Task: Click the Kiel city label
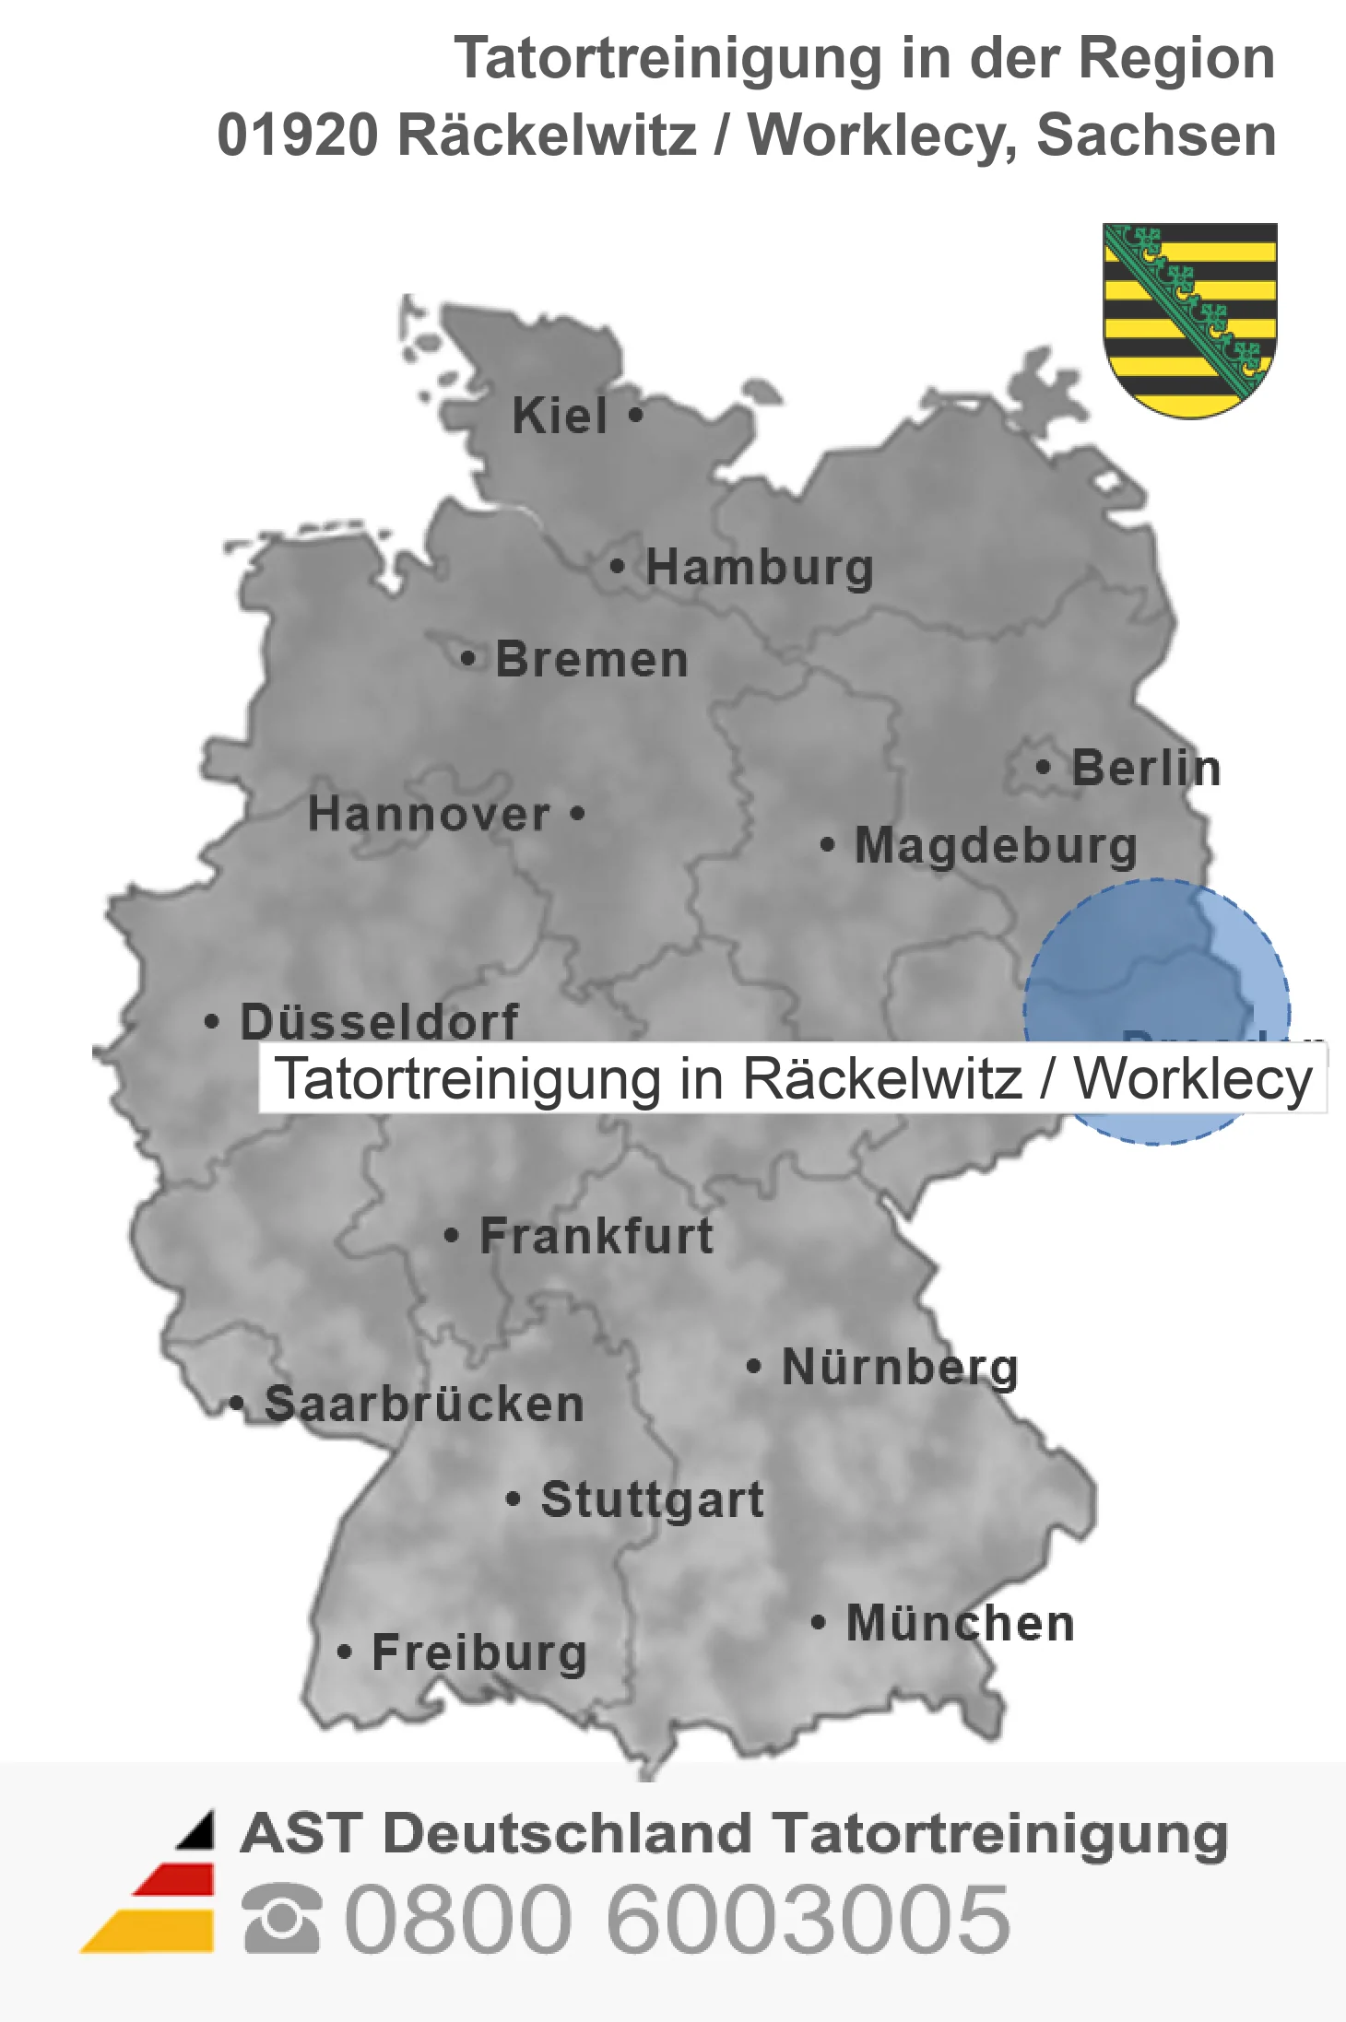coord(560,416)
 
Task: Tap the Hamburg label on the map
coord(759,567)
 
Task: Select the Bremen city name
coord(592,660)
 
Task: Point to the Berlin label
coord(1146,768)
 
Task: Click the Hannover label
coord(429,814)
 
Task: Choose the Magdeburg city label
coord(996,845)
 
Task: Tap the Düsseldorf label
coord(379,1020)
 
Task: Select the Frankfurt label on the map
coord(596,1236)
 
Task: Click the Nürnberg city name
coord(900,1367)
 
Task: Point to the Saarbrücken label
coord(424,1405)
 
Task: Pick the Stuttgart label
coord(653,1499)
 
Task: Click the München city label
coord(961,1623)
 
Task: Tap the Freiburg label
coord(479,1652)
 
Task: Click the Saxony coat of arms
coord(1189,318)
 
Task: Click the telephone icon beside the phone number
coord(281,1918)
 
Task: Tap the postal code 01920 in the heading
coord(298,135)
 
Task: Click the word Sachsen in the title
coord(1156,135)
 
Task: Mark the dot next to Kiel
coord(635,415)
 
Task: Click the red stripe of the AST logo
coord(175,1880)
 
